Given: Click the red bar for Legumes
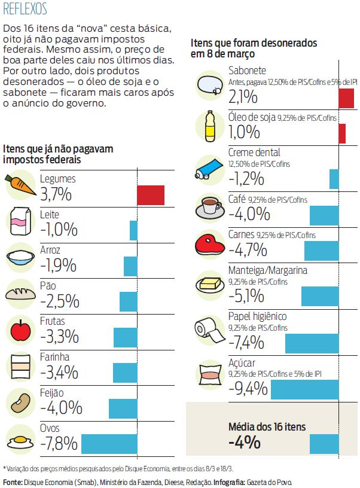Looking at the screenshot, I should pos(150,195).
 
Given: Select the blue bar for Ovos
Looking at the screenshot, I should pos(109,444).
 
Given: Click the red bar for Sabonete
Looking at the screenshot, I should pos(346,97).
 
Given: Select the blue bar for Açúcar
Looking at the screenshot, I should pos(304,389).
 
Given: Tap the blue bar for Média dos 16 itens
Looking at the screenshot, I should pos(324,444).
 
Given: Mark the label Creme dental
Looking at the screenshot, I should pos(254,152).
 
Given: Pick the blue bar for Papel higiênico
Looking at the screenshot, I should pos(312,343).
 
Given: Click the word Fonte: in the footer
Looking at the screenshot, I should pos(13,482).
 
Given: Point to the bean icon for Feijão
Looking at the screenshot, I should pos(19,402).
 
